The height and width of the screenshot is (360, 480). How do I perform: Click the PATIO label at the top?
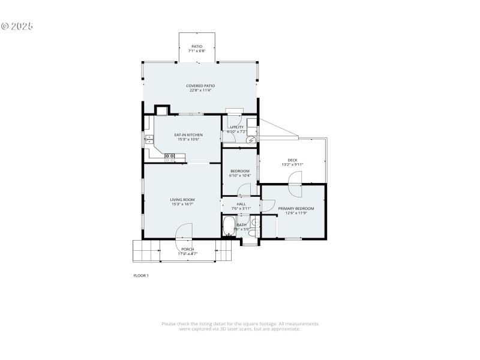click(197, 46)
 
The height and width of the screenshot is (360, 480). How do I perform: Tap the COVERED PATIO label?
click(200, 86)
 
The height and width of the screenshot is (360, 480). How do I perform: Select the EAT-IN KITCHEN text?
click(188, 135)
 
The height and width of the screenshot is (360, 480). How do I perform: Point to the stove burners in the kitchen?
click(170, 157)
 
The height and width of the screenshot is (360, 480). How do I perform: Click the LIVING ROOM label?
click(182, 200)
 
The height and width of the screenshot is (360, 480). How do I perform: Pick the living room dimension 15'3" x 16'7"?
click(182, 205)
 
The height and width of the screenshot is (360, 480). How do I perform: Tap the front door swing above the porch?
click(184, 232)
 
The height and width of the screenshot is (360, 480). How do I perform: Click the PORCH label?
click(188, 249)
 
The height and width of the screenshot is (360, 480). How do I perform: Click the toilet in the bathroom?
click(254, 224)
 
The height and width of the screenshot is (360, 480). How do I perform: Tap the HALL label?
click(241, 204)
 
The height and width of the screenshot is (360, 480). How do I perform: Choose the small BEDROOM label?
click(240, 171)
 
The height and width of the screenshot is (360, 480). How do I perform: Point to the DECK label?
click(292, 160)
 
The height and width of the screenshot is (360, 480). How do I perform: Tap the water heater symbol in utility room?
click(251, 140)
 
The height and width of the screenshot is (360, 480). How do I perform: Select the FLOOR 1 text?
click(140, 275)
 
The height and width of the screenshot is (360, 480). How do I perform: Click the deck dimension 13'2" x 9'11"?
click(292, 164)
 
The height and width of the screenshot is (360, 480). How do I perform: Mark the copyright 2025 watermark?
click(17, 26)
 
